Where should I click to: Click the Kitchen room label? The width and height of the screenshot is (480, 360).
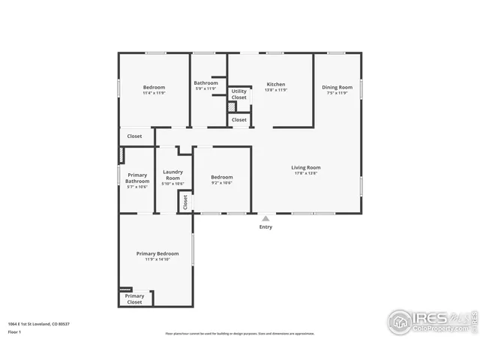click(276, 84)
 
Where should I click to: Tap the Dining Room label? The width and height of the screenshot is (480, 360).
click(336, 87)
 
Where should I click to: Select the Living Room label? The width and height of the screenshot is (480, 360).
click(306, 167)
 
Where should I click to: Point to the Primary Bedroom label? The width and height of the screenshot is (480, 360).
click(157, 253)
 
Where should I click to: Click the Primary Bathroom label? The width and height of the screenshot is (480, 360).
click(137, 178)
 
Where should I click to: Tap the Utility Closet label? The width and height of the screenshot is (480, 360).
click(238, 94)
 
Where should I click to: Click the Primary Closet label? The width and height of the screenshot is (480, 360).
click(134, 299)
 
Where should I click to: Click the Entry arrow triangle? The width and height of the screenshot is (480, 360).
click(265, 218)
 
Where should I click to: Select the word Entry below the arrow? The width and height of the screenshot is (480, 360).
click(265, 227)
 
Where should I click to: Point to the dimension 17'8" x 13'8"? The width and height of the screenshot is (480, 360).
click(306, 173)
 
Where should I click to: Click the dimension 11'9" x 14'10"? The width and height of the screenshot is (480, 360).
click(157, 259)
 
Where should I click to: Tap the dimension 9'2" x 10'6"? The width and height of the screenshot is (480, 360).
click(221, 183)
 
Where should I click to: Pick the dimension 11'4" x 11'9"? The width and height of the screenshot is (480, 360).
click(154, 93)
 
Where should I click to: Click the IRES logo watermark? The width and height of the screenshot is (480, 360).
click(427, 320)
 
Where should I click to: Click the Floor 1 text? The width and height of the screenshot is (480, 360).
click(14, 331)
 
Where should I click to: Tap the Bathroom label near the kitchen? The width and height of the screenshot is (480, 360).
click(205, 83)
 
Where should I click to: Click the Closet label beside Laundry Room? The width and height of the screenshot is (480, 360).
click(185, 202)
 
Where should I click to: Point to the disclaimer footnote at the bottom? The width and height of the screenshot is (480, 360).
click(240, 334)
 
